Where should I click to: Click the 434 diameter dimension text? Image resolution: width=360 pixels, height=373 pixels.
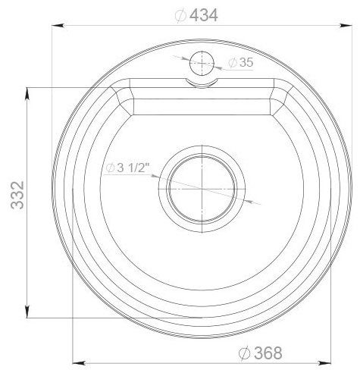click(x=196, y=15)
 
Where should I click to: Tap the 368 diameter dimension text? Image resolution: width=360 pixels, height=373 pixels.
click(x=261, y=353)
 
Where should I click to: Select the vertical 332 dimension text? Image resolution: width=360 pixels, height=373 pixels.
click(x=17, y=195)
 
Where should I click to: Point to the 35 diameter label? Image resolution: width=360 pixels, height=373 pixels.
click(x=241, y=62)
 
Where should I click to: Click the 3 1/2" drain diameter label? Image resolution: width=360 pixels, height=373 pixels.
click(x=128, y=168)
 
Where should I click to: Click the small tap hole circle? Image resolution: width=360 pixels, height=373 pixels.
click(x=202, y=63)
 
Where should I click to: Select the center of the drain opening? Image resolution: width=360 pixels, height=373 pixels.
click(x=202, y=189)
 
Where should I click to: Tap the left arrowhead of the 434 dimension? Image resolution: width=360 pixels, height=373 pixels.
click(x=58, y=26)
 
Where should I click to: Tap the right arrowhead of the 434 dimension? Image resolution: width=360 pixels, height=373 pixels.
click(x=346, y=26)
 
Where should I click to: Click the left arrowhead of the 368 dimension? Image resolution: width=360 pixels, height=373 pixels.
click(x=78, y=363)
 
